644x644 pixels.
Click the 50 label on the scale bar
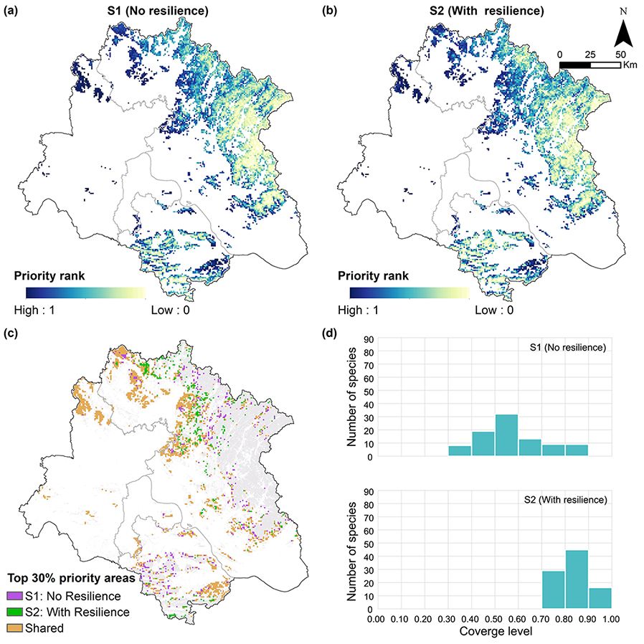[620, 54]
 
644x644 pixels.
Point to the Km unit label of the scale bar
[630, 65]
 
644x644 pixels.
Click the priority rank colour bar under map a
[85, 293]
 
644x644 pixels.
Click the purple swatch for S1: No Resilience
[14, 596]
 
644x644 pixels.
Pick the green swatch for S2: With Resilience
[14, 612]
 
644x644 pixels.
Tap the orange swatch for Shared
[14, 628]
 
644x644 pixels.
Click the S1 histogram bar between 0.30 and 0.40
[460, 450]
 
